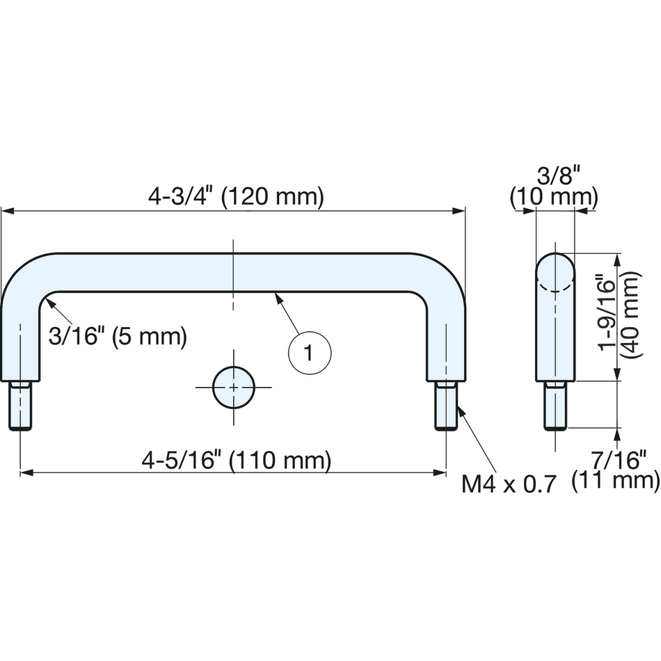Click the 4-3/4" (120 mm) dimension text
pyautogui.click(x=236, y=196)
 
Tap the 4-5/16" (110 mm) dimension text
pyautogui.click(x=237, y=460)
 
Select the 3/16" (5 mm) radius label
pyautogui.click(x=118, y=336)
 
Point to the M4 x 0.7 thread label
pyautogui.click(x=509, y=484)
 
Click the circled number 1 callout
pyautogui.click(x=310, y=353)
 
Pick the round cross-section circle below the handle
pyautogui.click(x=234, y=387)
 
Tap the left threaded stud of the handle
pyautogui.click(x=20, y=406)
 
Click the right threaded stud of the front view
pyautogui.click(x=446, y=406)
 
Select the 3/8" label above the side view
pyautogui.click(x=554, y=175)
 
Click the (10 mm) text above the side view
pyautogui.click(x=554, y=198)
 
